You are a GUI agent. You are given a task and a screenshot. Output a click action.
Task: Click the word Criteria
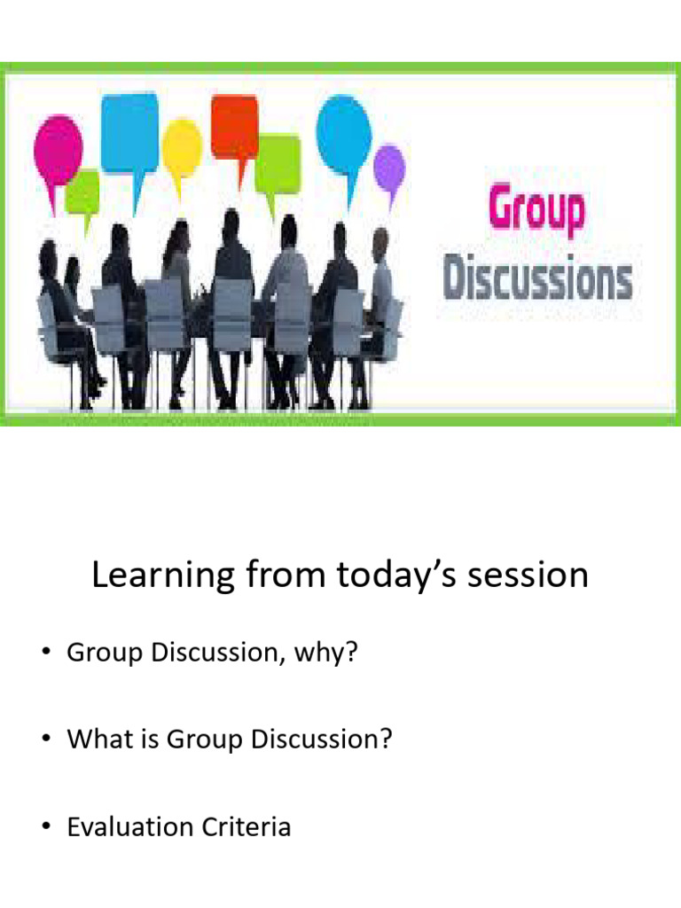tap(249, 827)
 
